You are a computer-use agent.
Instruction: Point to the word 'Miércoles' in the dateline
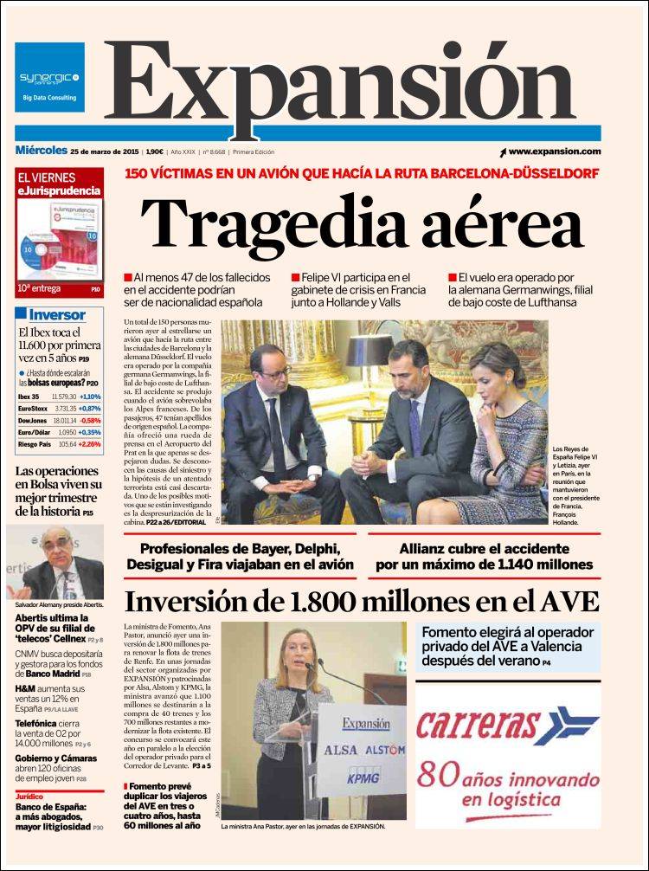click(x=41, y=151)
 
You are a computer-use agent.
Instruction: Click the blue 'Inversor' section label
click(x=57, y=315)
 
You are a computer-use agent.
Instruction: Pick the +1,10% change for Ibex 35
click(x=89, y=396)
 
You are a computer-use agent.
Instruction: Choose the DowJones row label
click(x=32, y=420)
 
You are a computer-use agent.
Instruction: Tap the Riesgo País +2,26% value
click(x=87, y=444)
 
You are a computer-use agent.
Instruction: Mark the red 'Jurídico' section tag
click(x=29, y=795)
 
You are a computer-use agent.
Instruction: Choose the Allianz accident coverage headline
click(x=484, y=556)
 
